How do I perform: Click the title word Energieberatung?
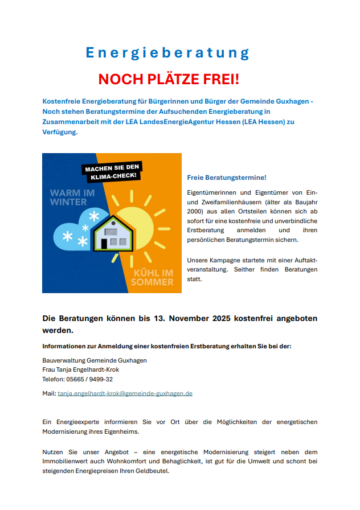click(167, 53)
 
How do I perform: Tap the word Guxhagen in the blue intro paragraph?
click(293, 101)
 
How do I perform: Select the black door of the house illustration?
click(104, 244)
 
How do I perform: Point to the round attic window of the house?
click(112, 223)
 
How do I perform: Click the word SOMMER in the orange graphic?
click(152, 282)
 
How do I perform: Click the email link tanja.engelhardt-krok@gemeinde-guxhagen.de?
click(125, 393)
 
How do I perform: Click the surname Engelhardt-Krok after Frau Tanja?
click(96, 369)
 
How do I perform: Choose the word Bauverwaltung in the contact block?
click(63, 360)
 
